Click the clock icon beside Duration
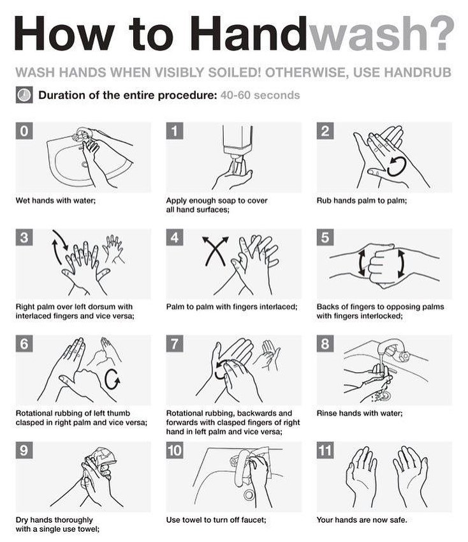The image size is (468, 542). pos(24,95)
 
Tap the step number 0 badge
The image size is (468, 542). pos(24,131)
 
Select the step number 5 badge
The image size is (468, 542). pos(325,237)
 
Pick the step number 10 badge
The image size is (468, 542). pos(175,451)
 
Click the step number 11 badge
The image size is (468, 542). pos(325,451)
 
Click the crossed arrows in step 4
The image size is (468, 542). pos(216,251)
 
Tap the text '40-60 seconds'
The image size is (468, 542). pos(260,95)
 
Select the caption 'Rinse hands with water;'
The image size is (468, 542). pos(360,414)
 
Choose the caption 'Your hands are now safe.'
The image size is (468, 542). pos(362,520)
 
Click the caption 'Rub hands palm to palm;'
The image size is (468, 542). pos(362,200)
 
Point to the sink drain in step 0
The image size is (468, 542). pos(84,164)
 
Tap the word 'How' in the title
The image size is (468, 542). pos(64,33)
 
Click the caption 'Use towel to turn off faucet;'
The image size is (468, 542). pos(216,520)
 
